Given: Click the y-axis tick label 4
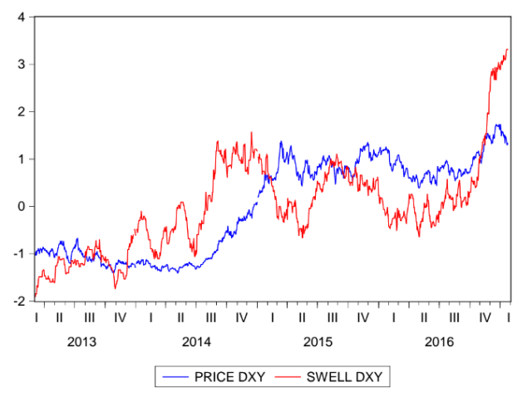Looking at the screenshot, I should tap(21, 17).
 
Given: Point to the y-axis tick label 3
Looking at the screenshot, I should tap(21, 64).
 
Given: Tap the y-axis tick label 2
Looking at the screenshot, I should tap(21, 111).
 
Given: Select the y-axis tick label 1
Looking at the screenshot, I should tap(21, 159).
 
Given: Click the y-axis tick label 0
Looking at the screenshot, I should tap(21, 206).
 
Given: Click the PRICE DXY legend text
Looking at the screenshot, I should tap(229, 377).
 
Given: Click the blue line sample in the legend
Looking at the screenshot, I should tap(175, 377).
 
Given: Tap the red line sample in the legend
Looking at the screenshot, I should tap(290, 377).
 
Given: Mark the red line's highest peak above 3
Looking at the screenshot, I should tap(507, 50).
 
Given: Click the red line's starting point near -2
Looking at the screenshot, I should tap(35, 297).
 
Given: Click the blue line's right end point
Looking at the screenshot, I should tap(508, 144).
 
